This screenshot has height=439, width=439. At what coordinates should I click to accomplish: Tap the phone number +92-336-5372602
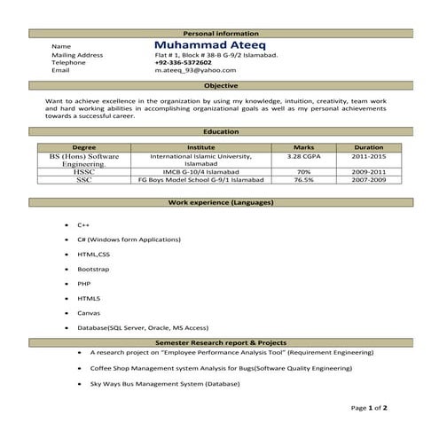click(183, 63)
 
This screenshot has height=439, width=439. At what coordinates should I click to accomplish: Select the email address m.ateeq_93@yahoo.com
click(189, 71)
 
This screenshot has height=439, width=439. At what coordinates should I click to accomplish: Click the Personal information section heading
click(220, 32)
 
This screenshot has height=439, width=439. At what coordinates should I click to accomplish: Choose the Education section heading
click(220, 132)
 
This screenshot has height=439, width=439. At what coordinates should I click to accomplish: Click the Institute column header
click(201, 147)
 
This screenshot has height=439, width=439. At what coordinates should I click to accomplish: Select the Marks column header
click(303, 147)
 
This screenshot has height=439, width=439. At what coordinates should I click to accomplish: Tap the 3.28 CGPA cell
click(303, 155)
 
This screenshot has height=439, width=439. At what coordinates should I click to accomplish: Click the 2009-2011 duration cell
click(368, 172)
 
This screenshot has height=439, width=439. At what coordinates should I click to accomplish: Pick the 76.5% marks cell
click(303, 180)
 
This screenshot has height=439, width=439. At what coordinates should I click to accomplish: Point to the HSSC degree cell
click(84, 172)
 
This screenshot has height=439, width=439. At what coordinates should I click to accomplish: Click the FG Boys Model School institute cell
click(201, 180)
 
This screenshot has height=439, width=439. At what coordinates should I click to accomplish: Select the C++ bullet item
click(83, 225)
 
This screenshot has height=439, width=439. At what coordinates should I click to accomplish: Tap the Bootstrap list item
click(92, 269)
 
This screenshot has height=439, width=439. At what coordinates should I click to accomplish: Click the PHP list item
click(83, 283)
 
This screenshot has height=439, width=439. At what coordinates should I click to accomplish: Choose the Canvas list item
click(88, 312)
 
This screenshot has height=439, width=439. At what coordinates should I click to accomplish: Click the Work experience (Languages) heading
click(220, 203)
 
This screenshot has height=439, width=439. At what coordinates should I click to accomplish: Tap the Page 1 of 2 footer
click(370, 408)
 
